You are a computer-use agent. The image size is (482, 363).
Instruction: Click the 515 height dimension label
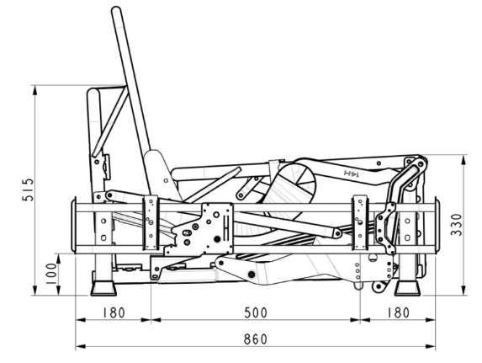[x=29, y=190]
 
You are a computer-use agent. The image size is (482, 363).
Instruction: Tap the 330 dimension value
[x=457, y=224]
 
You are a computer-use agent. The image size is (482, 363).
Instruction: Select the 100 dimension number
[x=51, y=274]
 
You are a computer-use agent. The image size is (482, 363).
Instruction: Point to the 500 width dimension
[x=256, y=312]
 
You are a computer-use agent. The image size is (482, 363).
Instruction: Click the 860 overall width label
[x=256, y=339]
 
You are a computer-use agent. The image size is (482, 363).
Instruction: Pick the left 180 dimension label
[x=114, y=312]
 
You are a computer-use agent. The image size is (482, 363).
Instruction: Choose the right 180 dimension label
[x=398, y=312]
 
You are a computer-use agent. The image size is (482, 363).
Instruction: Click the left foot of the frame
[x=103, y=287]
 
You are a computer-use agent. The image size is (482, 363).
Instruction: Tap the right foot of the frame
[x=407, y=287]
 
